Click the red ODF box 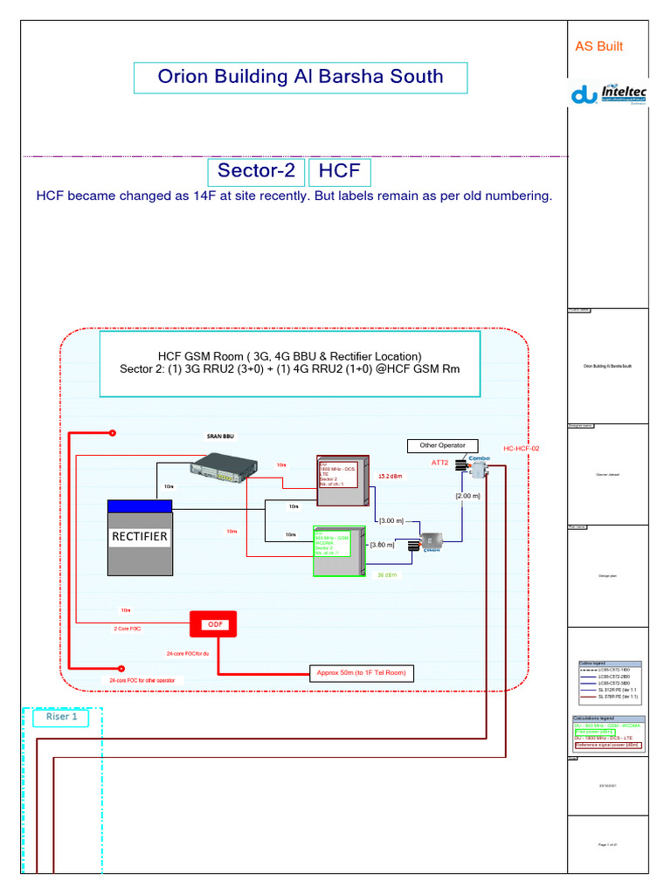click(x=214, y=624)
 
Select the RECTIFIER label click(x=140, y=536)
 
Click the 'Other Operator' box click(x=442, y=445)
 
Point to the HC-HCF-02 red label click(x=522, y=449)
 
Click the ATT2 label click(x=439, y=463)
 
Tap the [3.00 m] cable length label click(x=390, y=520)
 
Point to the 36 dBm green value click(x=388, y=575)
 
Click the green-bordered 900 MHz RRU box click(x=339, y=551)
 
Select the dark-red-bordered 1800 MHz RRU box click(x=342, y=481)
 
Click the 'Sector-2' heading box click(x=256, y=171)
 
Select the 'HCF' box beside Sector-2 click(x=339, y=171)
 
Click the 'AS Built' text click(x=598, y=46)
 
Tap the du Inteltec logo click(x=608, y=95)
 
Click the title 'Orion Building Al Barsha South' click(x=300, y=77)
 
